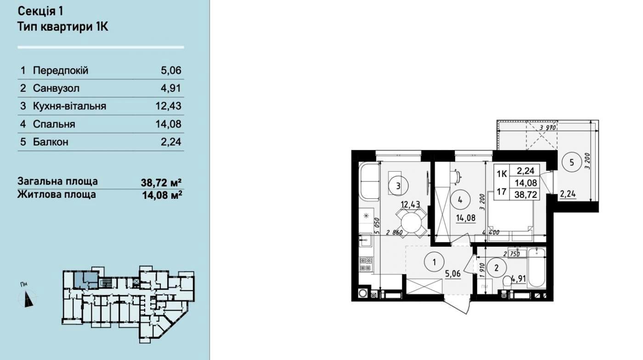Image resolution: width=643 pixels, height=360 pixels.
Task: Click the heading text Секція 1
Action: (x=40, y=11)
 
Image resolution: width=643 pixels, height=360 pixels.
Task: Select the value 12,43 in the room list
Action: (x=169, y=106)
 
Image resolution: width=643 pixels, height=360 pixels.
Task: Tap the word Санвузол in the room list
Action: (x=56, y=88)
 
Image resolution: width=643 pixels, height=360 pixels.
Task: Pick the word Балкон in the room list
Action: (x=51, y=142)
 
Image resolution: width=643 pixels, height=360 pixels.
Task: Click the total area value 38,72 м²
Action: (x=161, y=182)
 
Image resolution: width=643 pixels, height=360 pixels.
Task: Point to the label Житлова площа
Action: (x=57, y=195)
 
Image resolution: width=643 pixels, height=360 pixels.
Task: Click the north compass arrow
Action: (x=28, y=299)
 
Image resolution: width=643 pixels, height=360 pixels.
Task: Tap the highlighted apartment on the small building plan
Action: (x=85, y=280)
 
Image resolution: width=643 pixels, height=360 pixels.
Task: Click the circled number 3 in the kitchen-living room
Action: (x=398, y=186)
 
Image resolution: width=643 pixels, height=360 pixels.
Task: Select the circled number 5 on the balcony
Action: (x=571, y=163)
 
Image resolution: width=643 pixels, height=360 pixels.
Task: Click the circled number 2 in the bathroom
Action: (x=496, y=268)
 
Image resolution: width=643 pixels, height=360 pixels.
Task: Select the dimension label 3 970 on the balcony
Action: (x=547, y=128)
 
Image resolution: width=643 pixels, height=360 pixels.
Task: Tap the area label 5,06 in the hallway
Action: (x=453, y=274)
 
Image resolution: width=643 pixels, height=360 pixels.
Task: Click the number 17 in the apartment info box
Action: (x=501, y=191)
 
